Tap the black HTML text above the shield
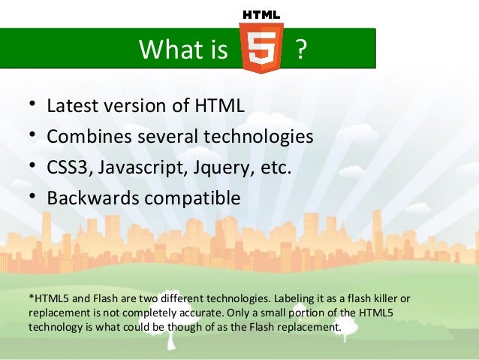point(261,14)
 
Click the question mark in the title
point(301,50)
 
